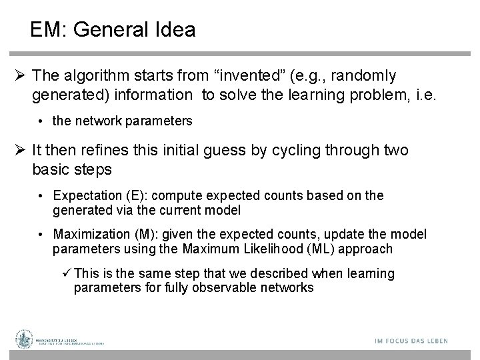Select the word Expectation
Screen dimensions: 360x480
(85, 196)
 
